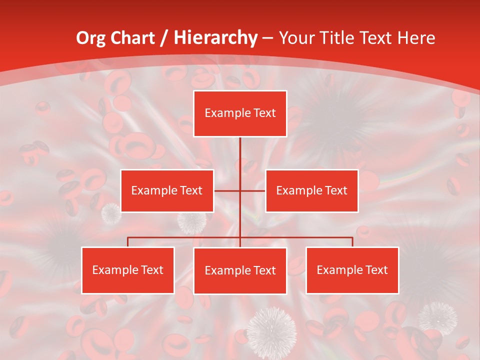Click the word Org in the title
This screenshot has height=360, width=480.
(x=91, y=38)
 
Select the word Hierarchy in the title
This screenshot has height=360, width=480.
(x=215, y=38)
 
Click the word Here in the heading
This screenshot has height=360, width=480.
(x=416, y=38)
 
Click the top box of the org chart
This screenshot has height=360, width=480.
(x=240, y=113)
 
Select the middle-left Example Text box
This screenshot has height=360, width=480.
(x=167, y=190)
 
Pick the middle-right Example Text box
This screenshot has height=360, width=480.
(x=311, y=190)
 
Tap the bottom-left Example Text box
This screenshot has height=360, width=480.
(x=127, y=270)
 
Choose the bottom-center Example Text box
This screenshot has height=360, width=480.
(x=240, y=270)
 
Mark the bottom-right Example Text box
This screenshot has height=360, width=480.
(x=352, y=270)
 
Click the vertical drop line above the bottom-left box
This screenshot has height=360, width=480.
(x=127, y=242)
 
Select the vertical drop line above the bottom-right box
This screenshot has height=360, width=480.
(x=352, y=242)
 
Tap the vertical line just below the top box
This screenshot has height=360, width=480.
(x=240, y=150)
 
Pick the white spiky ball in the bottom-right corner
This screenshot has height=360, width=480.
(x=437, y=318)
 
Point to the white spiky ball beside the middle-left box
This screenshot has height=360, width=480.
(x=111, y=214)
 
